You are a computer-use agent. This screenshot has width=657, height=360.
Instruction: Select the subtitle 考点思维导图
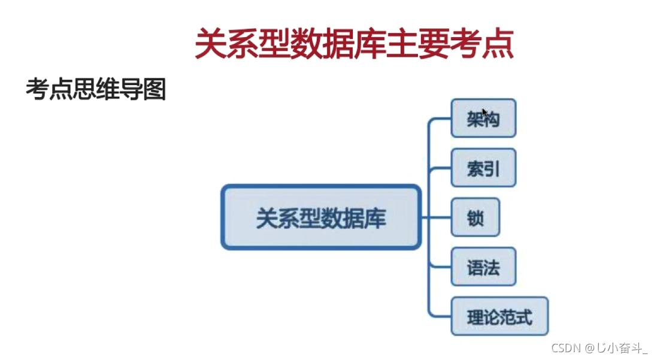click(x=95, y=89)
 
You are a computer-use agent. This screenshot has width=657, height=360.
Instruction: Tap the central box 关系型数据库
click(x=321, y=217)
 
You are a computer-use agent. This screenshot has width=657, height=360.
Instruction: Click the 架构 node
click(x=483, y=119)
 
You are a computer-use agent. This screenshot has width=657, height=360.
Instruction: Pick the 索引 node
click(x=483, y=168)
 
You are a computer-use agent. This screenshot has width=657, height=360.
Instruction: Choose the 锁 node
click(x=475, y=217)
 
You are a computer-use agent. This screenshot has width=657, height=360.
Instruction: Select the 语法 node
click(x=483, y=267)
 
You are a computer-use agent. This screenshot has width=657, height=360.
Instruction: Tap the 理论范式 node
click(x=499, y=316)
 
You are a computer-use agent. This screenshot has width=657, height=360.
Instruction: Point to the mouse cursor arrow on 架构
click(x=484, y=111)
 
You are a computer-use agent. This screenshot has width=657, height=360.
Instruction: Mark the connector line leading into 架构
click(x=440, y=119)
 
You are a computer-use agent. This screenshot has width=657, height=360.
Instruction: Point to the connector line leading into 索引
click(x=440, y=168)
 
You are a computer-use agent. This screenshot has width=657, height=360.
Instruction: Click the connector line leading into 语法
click(x=440, y=267)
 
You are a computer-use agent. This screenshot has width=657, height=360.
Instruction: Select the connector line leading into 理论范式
click(x=440, y=316)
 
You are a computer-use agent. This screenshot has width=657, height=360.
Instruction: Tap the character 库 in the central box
click(x=376, y=217)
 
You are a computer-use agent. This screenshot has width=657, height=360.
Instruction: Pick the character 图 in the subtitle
click(x=155, y=89)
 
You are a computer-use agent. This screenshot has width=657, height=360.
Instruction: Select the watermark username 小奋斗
click(x=623, y=348)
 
